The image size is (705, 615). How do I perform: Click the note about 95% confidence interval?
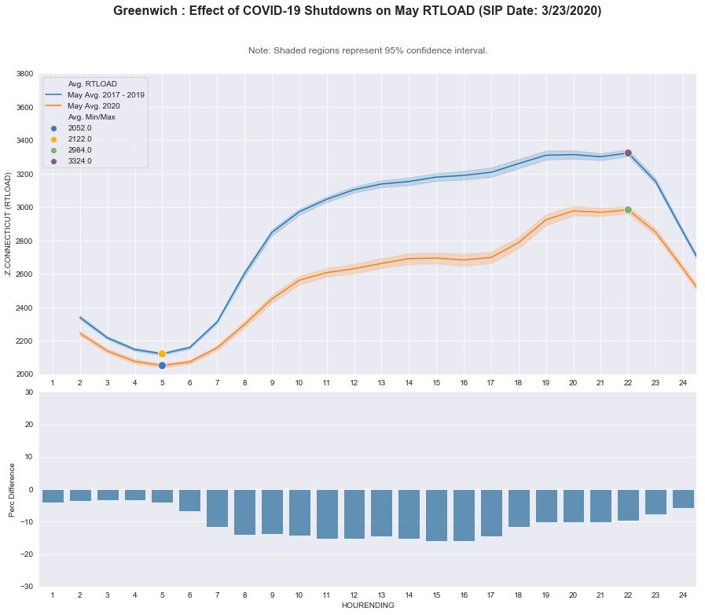pyautogui.click(x=368, y=50)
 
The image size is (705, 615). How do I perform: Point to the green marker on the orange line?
pyautogui.click(x=628, y=210)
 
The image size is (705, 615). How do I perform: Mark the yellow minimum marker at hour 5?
pyautogui.click(x=162, y=354)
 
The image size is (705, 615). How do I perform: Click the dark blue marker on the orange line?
pyautogui.click(x=162, y=366)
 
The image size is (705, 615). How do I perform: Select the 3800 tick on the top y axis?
pyautogui.click(x=25, y=74)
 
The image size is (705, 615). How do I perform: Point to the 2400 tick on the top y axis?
pyautogui.click(x=25, y=307)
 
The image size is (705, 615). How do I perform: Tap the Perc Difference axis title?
pyautogui.click(x=10, y=489)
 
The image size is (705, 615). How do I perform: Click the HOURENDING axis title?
pyautogui.click(x=368, y=606)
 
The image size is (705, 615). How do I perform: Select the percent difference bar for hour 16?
pyautogui.click(x=464, y=515)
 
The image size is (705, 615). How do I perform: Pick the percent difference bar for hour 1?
pyautogui.click(x=53, y=496)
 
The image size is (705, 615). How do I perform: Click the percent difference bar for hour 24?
pyautogui.click(x=683, y=499)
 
